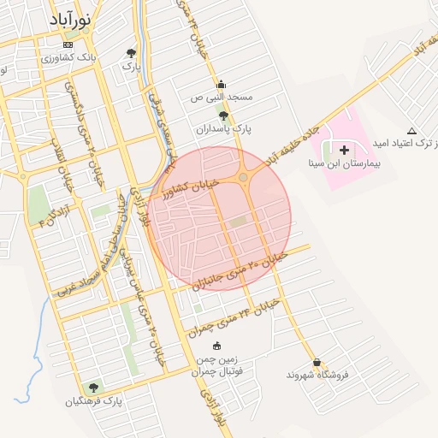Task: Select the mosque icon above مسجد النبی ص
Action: [221, 85]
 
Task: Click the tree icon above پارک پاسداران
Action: [223, 115]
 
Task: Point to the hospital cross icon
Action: [344, 150]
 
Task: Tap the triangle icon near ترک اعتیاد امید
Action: [412, 131]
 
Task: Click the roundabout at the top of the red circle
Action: [244, 177]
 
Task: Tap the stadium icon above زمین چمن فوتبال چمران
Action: [216, 346]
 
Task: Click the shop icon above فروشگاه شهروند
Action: [317, 362]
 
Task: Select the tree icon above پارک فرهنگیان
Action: [94, 387]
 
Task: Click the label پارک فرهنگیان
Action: [94, 400]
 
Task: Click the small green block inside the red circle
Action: [237, 222]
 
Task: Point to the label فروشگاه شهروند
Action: [314, 376]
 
